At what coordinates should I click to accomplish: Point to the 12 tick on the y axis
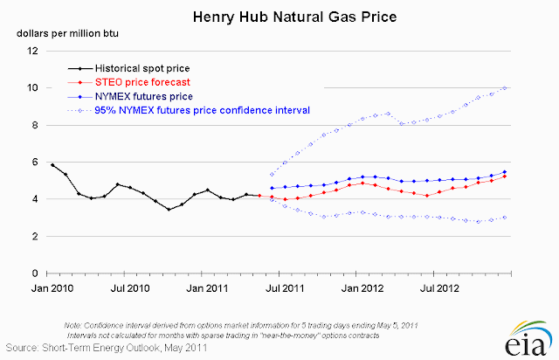pyautogui.click(x=33, y=51)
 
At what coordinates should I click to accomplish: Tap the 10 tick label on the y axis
pyautogui.click(x=33, y=88)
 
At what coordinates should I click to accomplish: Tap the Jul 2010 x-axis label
pyautogui.click(x=129, y=287)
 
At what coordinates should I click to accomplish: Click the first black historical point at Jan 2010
pyautogui.click(x=52, y=164)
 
